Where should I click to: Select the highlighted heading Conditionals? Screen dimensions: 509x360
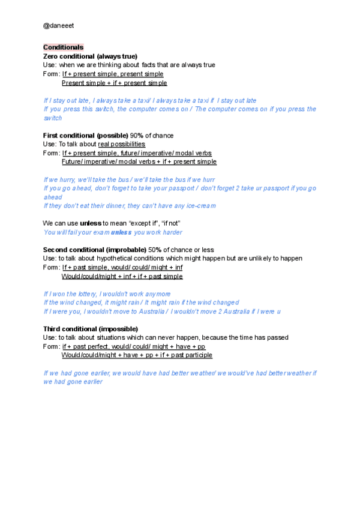(x=63, y=47)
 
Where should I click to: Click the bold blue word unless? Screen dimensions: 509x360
(x=121, y=232)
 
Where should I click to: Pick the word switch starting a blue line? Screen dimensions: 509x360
(x=53, y=118)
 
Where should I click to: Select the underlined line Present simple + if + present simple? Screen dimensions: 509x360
(x=115, y=83)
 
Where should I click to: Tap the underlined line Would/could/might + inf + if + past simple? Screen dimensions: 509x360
(x=122, y=276)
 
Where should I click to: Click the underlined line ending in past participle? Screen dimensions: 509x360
(x=137, y=355)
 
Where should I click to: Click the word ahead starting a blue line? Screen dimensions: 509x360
(x=53, y=197)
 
